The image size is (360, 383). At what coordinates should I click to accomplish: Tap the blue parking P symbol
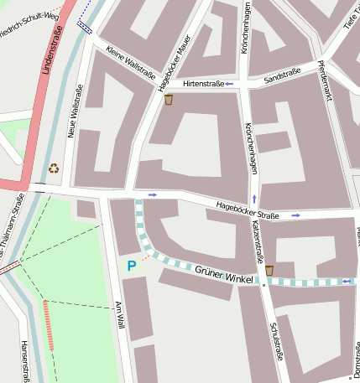coord(130,266)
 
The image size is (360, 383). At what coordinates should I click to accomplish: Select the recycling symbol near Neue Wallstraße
coord(54,168)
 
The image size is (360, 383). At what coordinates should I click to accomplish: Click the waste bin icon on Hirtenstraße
coord(169,100)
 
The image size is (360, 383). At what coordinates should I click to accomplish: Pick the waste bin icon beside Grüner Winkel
coord(269,270)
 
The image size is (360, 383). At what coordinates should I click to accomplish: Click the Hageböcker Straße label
coord(247,210)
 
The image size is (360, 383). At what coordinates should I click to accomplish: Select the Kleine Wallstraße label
coord(131,61)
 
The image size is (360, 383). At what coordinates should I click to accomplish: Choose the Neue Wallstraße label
coord(74,111)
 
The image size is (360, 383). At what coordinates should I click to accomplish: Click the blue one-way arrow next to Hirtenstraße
coord(228,84)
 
